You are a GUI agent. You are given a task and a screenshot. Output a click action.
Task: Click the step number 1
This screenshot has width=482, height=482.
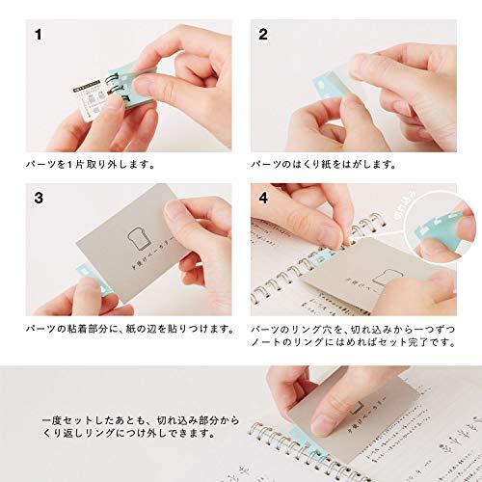pyautogui.click(x=39, y=37)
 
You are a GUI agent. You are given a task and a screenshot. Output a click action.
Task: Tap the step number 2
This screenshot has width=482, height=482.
pyautogui.click(x=262, y=37)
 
